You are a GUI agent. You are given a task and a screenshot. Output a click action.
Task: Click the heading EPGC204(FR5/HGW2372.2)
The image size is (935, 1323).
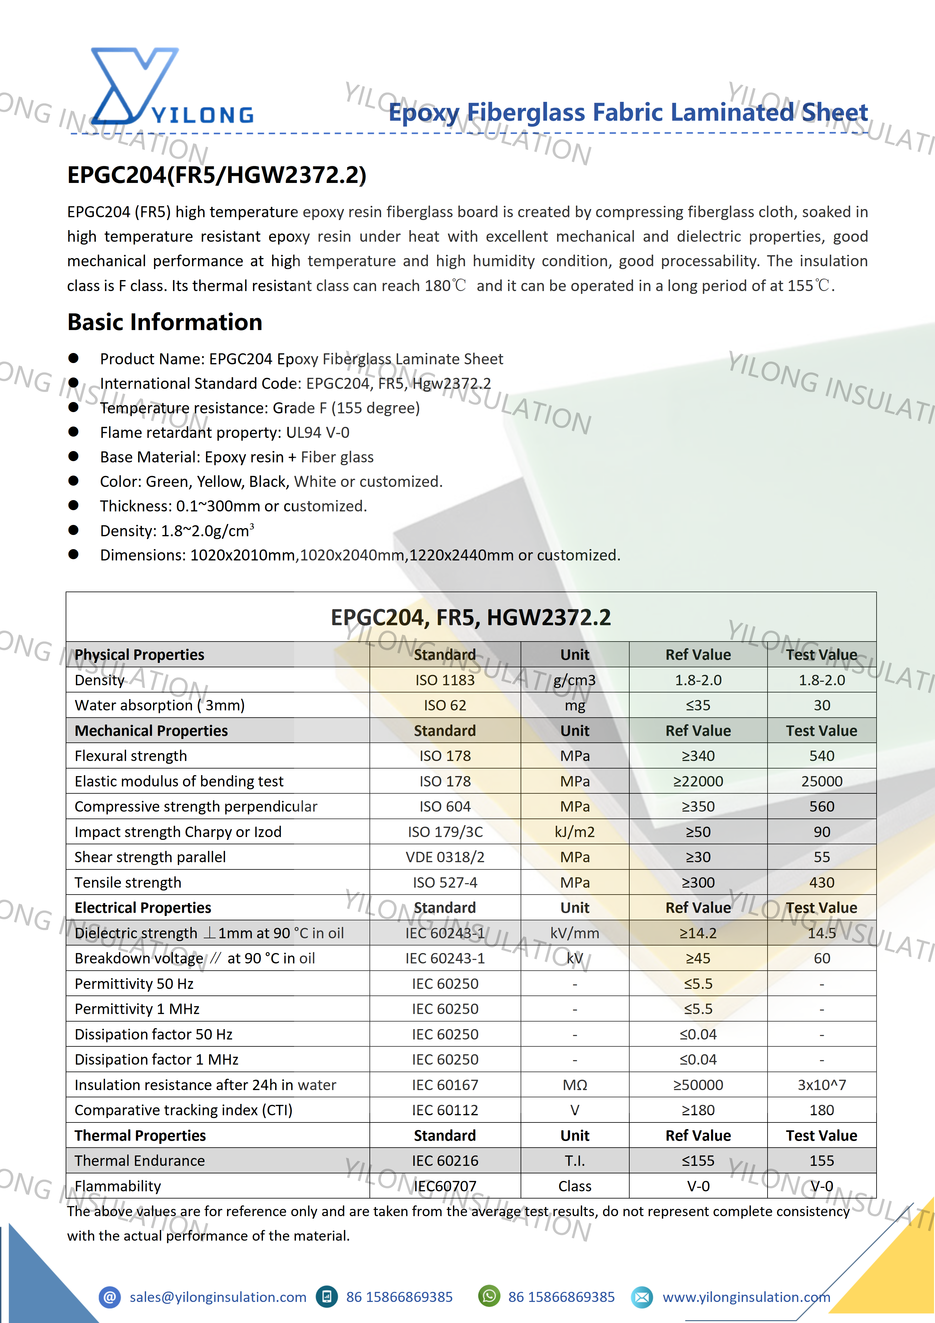(216, 174)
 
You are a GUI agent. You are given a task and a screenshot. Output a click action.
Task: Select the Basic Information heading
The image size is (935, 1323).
(165, 322)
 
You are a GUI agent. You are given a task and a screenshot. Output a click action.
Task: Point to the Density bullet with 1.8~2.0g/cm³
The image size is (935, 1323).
(177, 531)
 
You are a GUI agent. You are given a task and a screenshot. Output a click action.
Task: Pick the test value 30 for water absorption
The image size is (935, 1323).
(822, 705)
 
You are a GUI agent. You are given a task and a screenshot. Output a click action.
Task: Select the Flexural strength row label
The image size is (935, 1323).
(131, 756)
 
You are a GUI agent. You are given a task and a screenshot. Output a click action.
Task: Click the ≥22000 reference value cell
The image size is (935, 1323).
(698, 781)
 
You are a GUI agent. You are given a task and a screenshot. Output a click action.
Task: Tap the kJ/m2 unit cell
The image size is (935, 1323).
(574, 832)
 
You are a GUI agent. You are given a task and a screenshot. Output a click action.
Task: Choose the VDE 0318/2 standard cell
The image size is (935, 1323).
(445, 857)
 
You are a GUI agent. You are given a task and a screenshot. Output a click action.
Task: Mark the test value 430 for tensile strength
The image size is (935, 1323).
(822, 883)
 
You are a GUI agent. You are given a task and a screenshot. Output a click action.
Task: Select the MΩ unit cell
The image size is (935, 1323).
(574, 1085)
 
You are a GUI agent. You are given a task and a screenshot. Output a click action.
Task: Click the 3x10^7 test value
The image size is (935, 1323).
(822, 1085)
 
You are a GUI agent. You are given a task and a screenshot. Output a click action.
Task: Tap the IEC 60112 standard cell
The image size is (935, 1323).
(445, 1111)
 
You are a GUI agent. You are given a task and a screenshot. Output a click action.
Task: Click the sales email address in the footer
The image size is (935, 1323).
(218, 1297)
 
